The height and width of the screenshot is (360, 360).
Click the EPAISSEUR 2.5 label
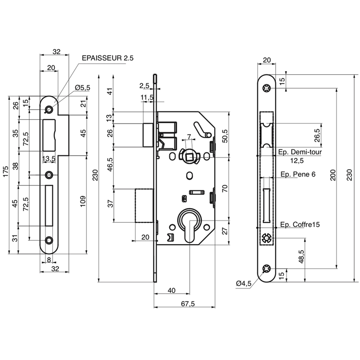(x=108, y=58)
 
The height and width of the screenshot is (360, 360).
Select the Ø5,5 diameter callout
(x=82, y=88)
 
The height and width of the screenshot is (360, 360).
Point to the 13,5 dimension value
(x=49, y=159)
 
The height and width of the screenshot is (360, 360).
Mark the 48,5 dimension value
(x=301, y=256)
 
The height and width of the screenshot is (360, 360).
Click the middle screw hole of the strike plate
(x=49, y=175)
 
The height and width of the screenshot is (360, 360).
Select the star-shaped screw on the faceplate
(x=267, y=238)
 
